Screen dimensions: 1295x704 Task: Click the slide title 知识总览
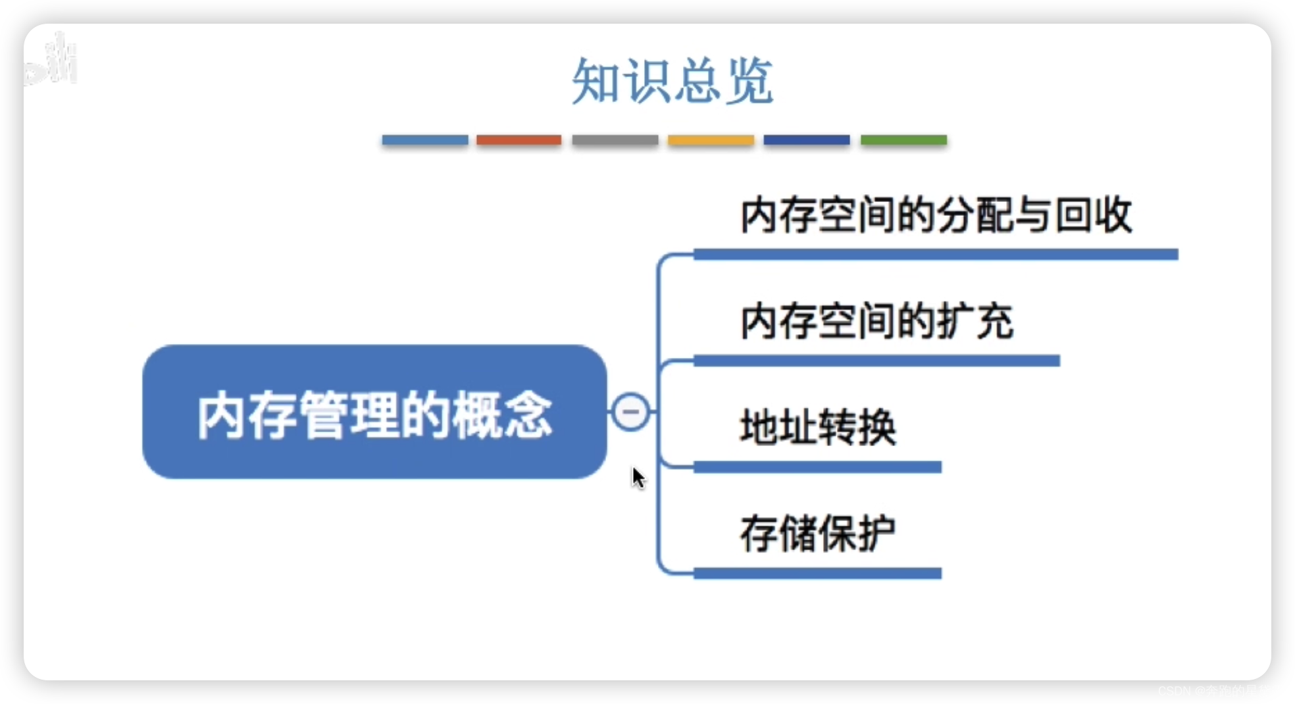(x=672, y=81)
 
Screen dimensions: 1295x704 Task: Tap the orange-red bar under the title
(x=519, y=140)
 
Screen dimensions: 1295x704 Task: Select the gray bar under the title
(x=615, y=140)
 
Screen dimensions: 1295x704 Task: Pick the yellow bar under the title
(x=711, y=140)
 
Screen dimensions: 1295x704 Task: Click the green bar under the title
(x=903, y=140)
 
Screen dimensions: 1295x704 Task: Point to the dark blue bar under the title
(x=806, y=140)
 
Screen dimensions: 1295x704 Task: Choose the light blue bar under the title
(x=424, y=140)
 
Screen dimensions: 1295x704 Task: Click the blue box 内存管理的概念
(x=374, y=413)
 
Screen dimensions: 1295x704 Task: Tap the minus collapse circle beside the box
(x=630, y=412)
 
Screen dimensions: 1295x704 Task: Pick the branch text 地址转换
(x=818, y=427)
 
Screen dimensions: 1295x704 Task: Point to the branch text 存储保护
(x=817, y=533)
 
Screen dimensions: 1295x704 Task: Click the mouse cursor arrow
(x=637, y=476)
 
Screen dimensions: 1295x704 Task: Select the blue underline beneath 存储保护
(x=817, y=574)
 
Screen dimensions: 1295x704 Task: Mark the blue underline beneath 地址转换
(x=817, y=467)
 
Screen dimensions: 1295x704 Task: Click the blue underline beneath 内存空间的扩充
(x=876, y=361)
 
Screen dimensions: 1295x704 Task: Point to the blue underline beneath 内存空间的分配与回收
(x=936, y=255)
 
